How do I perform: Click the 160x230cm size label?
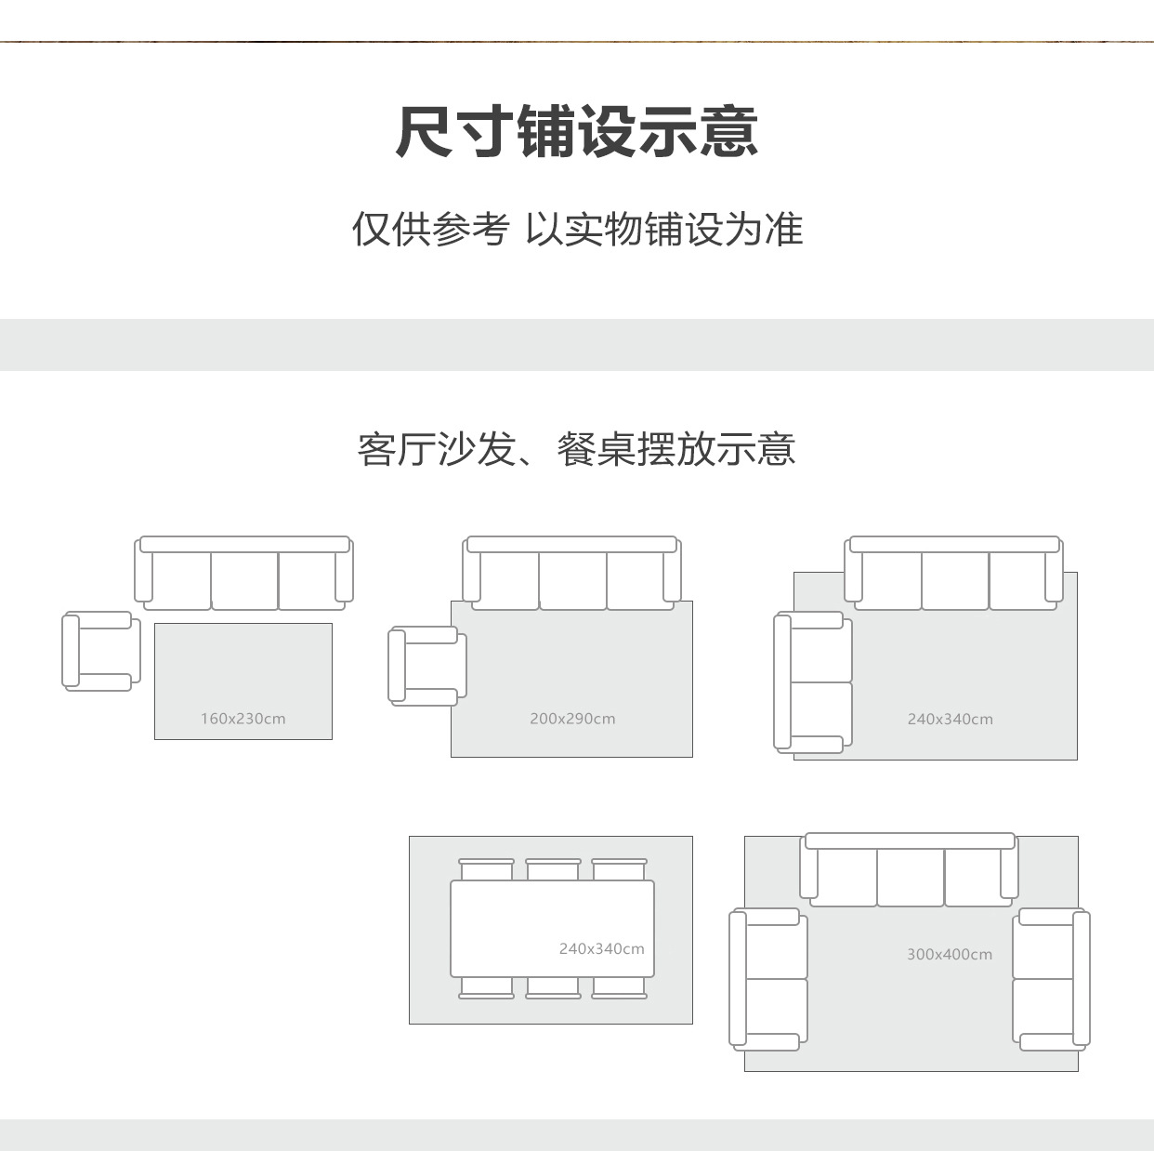pos(243,719)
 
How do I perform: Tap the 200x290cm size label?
pos(572,719)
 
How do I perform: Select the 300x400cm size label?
pos(949,954)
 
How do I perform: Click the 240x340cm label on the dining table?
pos(601,948)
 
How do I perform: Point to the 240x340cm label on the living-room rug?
pos(950,719)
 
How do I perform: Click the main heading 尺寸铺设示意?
pos(577,132)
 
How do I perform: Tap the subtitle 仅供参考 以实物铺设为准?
pos(577,230)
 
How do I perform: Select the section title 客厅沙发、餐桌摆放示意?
pos(577,449)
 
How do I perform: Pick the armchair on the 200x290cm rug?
pos(427,666)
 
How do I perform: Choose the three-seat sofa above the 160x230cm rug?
pos(244,574)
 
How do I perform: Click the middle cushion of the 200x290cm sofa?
pos(572,580)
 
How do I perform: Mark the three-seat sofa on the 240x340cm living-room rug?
pos(954,574)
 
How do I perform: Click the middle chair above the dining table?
pos(553,870)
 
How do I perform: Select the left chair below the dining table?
pos(486,987)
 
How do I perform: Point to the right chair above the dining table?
pos(619,870)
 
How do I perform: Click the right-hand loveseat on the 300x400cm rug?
pos(1051,979)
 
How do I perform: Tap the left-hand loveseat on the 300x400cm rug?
pos(768,979)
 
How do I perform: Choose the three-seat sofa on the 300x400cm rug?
pos(910,870)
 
